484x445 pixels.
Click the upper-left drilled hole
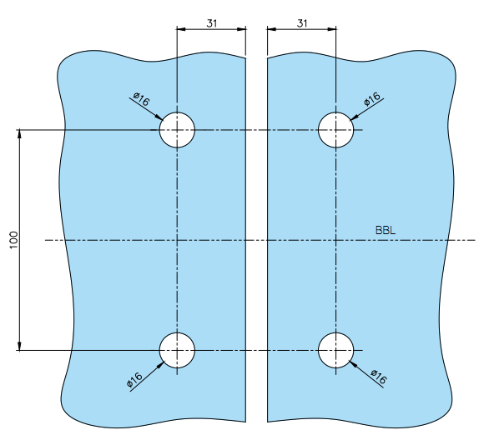[177, 130]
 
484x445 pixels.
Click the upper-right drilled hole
[335, 130]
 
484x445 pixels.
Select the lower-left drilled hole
[177, 350]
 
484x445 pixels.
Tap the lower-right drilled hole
[335, 350]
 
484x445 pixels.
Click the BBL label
[386, 230]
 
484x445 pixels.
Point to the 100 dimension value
[14, 240]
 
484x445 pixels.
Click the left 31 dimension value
[211, 23]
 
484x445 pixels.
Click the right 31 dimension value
[302, 23]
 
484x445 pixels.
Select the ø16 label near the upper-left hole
[142, 99]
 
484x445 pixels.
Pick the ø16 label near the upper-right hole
[372, 99]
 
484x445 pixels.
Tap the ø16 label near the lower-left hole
[134, 379]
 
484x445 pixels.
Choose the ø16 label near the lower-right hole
[378, 377]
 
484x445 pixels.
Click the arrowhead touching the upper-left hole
[159, 117]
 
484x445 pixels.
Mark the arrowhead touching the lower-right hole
[354, 363]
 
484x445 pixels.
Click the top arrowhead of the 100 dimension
[19, 134]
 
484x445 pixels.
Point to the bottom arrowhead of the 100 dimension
[19, 346]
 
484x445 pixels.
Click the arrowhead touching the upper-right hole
[354, 117]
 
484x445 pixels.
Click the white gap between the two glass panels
[256, 240]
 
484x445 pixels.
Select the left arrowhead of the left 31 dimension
[181, 29]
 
